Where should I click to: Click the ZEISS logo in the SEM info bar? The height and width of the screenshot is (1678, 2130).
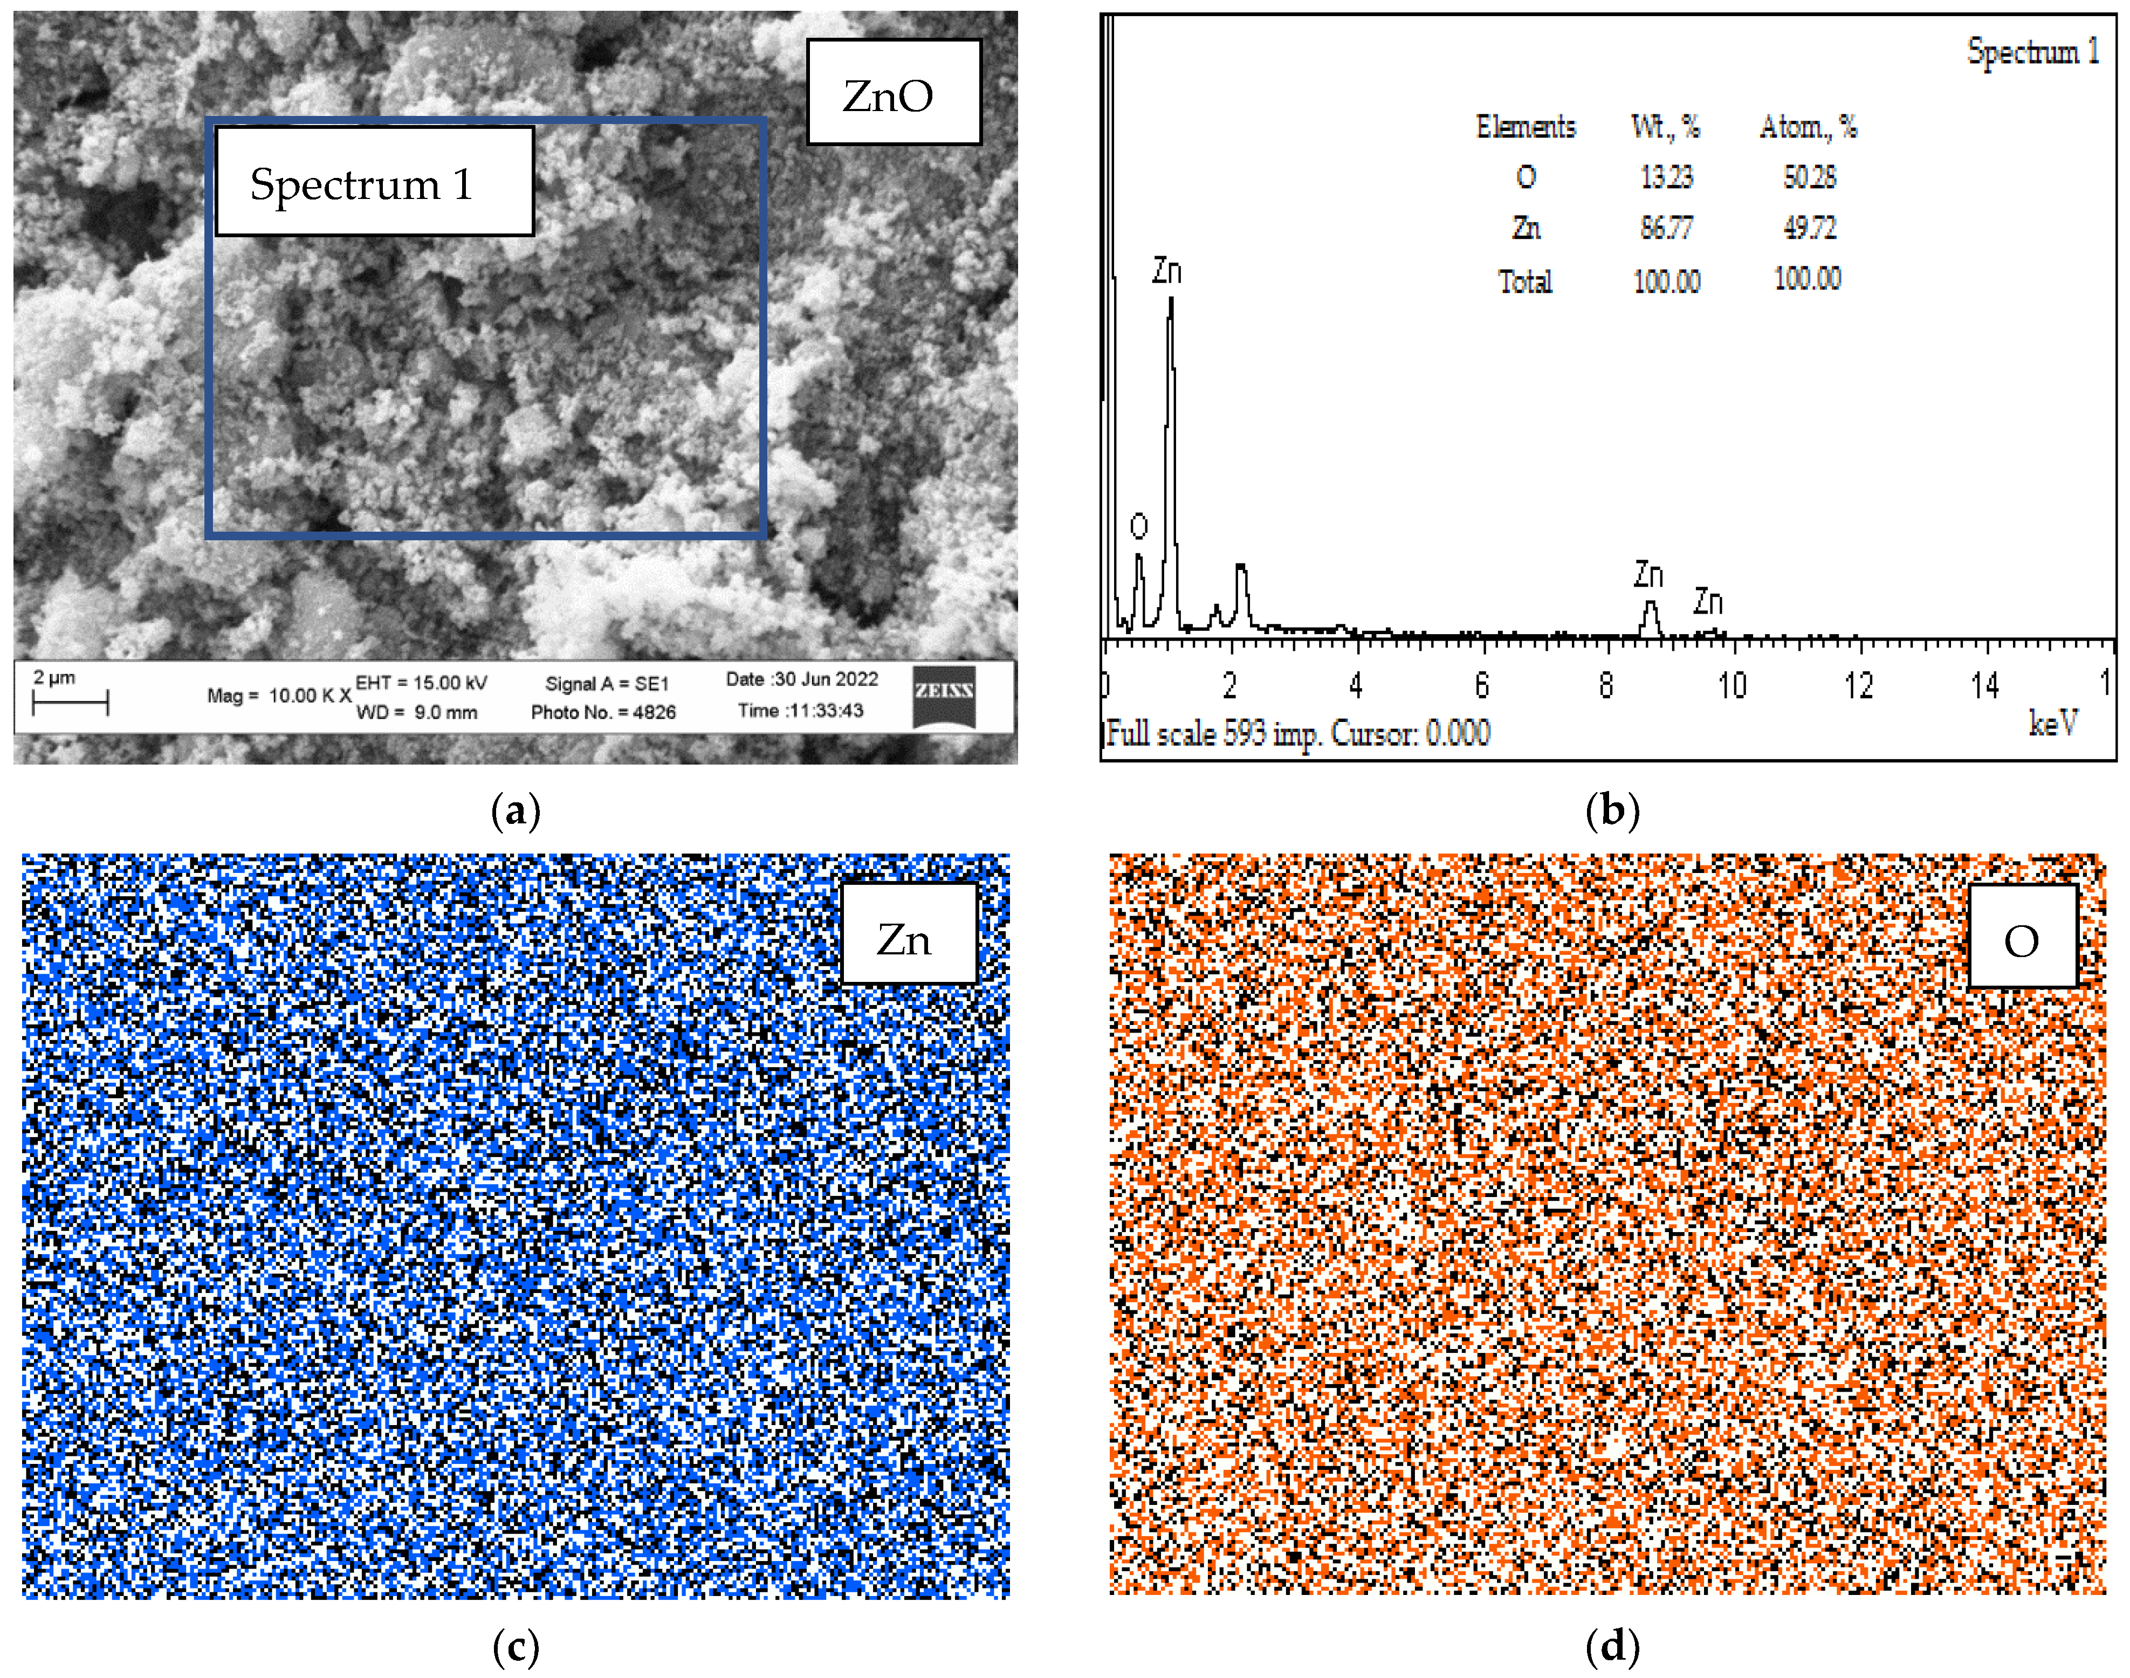tap(943, 697)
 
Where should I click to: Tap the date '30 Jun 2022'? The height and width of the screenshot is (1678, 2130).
tap(824, 679)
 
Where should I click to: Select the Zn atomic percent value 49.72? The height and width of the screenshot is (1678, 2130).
tap(1809, 228)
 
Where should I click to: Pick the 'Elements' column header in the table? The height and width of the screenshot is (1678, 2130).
tap(1526, 127)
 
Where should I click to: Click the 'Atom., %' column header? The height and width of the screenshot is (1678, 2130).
tap(1808, 127)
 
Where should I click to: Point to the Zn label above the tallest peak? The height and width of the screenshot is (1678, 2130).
tap(1166, 270)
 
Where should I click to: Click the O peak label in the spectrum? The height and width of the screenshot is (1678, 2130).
tap(1139, 527)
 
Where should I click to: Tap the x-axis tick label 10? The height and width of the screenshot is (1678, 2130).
tap(1731, 685)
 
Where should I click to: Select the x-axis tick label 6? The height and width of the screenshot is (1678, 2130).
tap(1482, 685)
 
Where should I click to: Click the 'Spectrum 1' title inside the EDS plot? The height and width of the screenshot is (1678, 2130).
tap(2032, 51)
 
